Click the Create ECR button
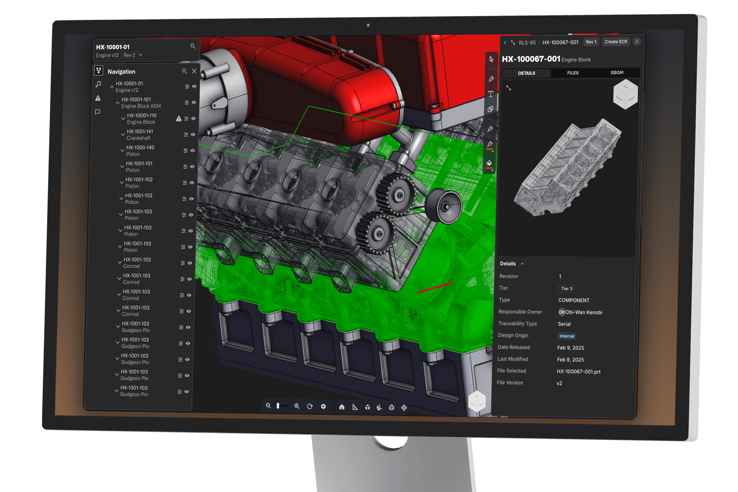click(616, 42)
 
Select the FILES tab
click(573, 73)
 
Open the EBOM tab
click(617, 73)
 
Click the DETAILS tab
click(527, 73)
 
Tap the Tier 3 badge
click(566, 288)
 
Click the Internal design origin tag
click(567, 336)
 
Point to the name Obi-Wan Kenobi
click(584, 312)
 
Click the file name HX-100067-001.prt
click(578, 372)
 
